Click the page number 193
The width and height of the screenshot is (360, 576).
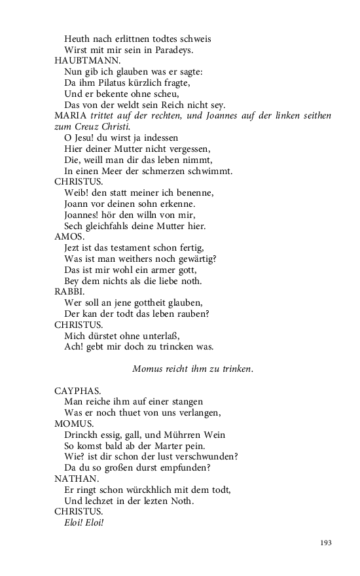point(327,543)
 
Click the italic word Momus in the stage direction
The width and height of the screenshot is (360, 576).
point(147,369)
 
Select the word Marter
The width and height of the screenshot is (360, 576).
point(170,445)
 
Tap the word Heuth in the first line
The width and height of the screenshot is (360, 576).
point(78,39)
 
